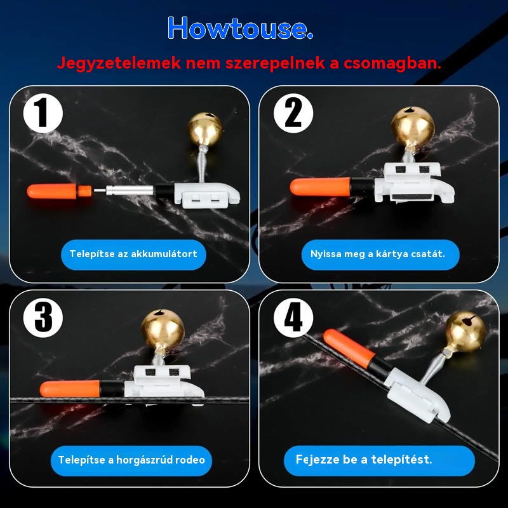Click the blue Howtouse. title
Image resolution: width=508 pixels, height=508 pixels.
pos(240,28)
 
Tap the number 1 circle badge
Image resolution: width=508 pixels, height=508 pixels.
pos(43,114)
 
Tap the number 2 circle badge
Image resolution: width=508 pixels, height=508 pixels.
pos(293,114)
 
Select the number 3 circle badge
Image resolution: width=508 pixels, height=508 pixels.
pos(43,318)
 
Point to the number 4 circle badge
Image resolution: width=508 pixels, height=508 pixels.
pos(293,318)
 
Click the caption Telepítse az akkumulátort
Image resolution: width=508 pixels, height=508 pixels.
pos(133,254)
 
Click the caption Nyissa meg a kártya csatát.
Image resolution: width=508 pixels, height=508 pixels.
pos(378,254)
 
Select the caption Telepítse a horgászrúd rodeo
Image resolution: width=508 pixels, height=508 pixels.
pos(131,460)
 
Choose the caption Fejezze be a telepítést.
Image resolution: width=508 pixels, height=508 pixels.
pos(364,459)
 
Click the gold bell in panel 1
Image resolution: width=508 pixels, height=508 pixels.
pos(204,128)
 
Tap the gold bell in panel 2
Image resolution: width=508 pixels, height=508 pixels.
pos(412,126)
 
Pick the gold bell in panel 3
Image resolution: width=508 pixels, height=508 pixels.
pos(163,329)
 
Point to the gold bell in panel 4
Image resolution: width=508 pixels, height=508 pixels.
pos(465,331)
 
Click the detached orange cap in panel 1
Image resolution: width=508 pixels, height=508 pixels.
pos(59,191)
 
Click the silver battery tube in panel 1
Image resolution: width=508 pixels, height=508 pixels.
pos(130,190)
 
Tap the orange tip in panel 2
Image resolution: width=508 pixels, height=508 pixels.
pos(320,187)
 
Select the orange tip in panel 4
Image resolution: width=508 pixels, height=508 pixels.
pos(349,346)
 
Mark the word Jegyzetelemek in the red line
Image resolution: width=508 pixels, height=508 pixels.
pos(119,63)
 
